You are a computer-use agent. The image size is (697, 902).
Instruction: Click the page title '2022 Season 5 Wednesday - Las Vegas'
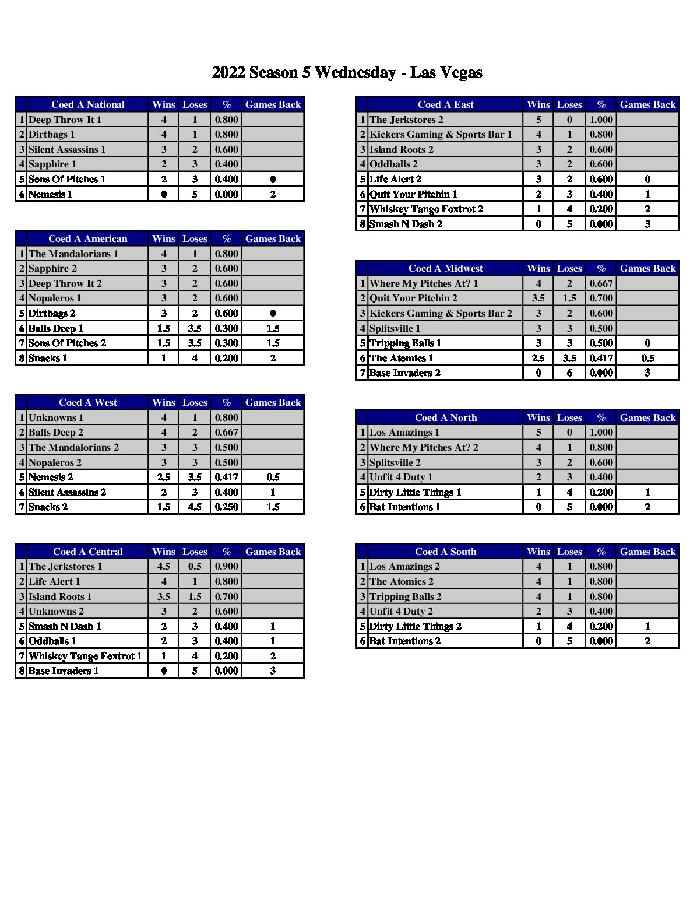coord(347,73)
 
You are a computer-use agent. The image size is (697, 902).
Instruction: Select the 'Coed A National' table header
coord(87,105)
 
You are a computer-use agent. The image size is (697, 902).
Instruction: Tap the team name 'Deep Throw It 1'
coord(65,120)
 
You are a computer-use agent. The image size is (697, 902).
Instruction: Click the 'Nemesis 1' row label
coord(50,194)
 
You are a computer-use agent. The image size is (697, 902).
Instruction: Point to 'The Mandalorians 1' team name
coord(73,254)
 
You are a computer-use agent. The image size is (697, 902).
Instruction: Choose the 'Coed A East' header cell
coord(445,105)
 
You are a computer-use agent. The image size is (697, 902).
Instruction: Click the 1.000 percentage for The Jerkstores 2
coord(601,120)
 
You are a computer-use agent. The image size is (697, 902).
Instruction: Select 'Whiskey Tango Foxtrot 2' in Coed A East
coord(426,209)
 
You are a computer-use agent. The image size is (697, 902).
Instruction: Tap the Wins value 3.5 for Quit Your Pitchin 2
coord(538,298)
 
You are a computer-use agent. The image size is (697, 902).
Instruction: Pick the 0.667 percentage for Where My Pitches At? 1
coord(601,283)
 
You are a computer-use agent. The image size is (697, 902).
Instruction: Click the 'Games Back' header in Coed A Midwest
coord(647,268)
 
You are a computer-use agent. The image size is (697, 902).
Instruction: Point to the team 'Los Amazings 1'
coord(404,432)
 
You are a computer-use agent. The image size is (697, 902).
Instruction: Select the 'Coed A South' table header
coord(445,552)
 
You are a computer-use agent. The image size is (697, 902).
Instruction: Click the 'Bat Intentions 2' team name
coord(405,641)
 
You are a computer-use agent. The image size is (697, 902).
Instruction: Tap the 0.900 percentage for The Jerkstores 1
coord(226,566)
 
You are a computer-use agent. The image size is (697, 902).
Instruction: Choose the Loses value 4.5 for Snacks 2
coord(195,507)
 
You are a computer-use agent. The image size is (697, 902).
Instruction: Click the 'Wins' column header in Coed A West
coord(164,402)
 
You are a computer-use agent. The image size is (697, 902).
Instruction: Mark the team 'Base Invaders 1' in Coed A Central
coord(64,671)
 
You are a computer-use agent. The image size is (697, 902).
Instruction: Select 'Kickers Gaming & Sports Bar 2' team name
coord(441,313)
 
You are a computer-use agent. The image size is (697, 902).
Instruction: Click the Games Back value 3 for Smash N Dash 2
coord(647,224)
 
